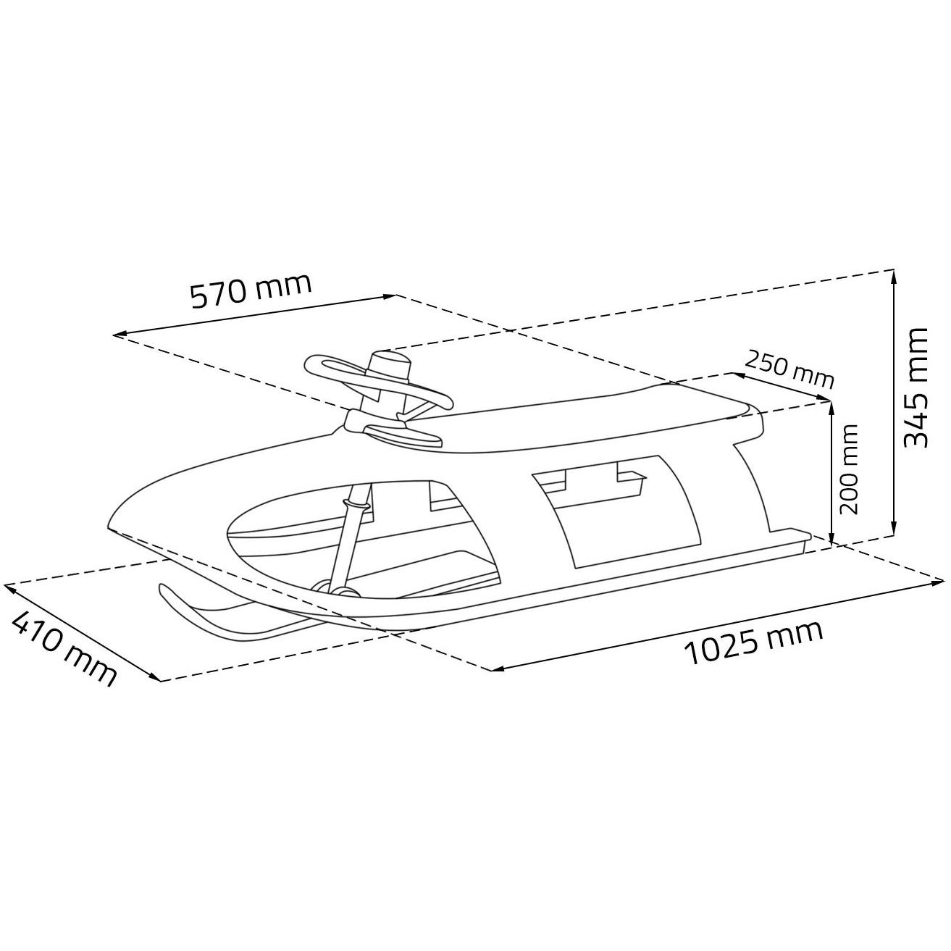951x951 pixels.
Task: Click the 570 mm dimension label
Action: (251, 290)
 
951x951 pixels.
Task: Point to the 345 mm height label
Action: (915, 387)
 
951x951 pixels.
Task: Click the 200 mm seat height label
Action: (848, 469)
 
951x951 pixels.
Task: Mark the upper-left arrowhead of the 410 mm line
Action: (9, 587)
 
